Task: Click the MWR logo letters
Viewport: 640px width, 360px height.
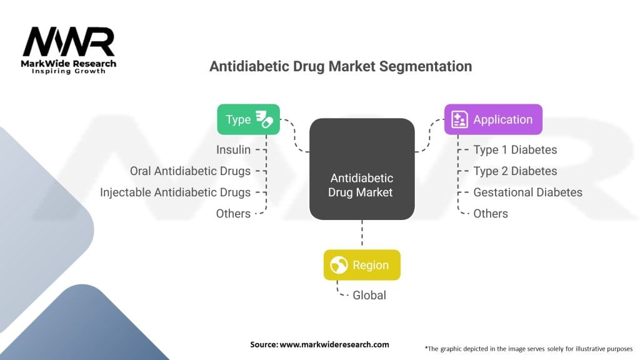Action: click(69, 41)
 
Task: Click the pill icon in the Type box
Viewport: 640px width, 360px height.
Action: click(264, 119)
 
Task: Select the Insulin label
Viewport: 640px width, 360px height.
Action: click(233, 150)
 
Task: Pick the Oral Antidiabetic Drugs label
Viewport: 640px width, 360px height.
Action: click(190, 171)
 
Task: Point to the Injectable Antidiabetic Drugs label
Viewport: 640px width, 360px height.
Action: click(175, 192)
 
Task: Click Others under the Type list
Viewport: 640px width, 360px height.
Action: click(233, 214)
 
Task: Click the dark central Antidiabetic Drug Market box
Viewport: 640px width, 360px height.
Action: click(362, 169)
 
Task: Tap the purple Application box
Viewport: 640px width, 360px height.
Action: click(493, 119)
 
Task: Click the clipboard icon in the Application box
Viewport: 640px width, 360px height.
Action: click(459, 119)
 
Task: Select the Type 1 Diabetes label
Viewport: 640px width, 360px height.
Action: click(515, 150)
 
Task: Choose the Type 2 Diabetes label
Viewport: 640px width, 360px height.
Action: click(515, 171)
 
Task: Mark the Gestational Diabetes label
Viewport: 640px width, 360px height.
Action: click(527, 192)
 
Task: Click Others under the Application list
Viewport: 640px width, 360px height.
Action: click(491, 214)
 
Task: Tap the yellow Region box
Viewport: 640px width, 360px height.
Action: click(362, 265)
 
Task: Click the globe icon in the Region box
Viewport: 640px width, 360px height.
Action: click(339, 265)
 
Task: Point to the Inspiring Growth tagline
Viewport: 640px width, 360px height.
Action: click(69, 71)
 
